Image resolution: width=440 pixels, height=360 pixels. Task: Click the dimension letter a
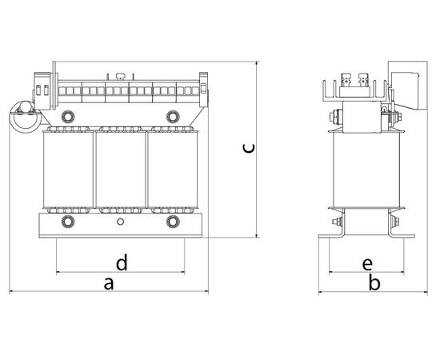(x=109, y=284)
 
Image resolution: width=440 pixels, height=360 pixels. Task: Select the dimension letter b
(x=374, y=282)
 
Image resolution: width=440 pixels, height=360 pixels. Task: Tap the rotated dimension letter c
(x=249, y=149)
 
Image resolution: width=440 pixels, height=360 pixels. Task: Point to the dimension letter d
(x=122, y=262)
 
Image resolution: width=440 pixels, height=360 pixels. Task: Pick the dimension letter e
(x=367, y=264)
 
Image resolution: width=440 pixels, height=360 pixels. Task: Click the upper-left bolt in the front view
(x=68, y=117)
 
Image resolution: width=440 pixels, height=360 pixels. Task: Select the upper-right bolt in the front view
(x=173, y=117)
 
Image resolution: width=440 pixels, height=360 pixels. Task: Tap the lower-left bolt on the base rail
(x=68, y=222)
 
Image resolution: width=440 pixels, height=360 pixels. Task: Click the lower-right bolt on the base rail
(x=173, y=222)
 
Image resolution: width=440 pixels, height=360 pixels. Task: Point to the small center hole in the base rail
(x=120, y=222)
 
